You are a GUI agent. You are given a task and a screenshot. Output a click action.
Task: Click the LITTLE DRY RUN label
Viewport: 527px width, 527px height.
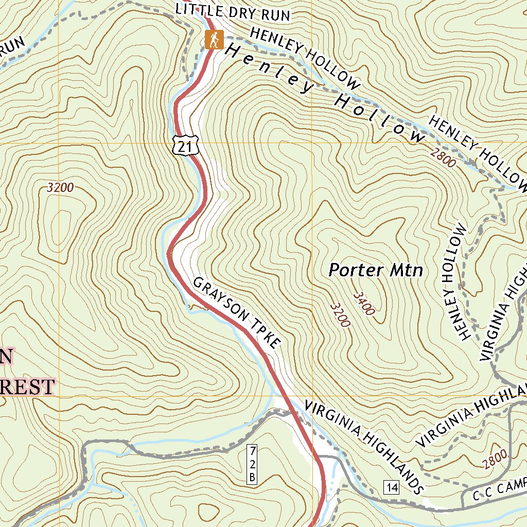[x=233, y=12]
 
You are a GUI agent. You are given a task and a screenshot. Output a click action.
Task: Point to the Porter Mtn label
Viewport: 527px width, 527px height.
[x=376, y=270]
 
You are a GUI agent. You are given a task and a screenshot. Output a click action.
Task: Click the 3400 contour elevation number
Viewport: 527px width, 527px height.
[x=364, y=303]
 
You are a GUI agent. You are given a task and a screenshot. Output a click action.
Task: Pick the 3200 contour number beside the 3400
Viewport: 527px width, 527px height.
[x=341, y=315]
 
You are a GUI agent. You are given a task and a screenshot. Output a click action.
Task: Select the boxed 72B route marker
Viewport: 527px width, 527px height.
[x=252, y=464]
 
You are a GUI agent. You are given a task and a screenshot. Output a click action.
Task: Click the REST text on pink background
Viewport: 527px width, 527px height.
[x=28, y=386]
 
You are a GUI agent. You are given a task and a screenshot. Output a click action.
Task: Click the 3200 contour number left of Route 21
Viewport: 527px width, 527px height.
[x=60, y=188]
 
